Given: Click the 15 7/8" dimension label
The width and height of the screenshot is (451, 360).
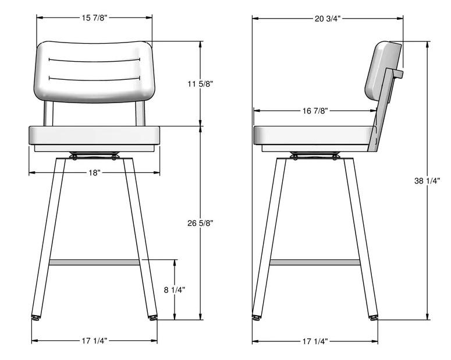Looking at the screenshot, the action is click(x=94, y=18).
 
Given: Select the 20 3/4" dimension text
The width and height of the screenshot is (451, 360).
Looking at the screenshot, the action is click(x=328, y=19).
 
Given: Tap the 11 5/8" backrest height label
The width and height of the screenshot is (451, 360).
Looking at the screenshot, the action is click(x=200, y=84).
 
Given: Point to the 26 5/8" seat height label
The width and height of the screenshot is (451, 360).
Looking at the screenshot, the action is click(x=200, y=223).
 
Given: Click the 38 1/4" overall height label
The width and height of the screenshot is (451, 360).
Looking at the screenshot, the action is click(x=427, y=181).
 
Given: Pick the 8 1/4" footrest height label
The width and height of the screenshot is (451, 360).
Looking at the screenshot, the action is click(x=175, y=290).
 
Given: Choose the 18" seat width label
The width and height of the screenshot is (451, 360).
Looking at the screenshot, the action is click(x=94, y=173).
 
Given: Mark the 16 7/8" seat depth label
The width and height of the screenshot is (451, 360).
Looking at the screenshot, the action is click(x=315, y=111).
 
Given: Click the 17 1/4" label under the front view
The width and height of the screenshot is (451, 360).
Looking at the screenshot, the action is click(x=94, y=341).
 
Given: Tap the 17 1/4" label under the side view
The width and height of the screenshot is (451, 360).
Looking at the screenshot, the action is click(x=315, y=341).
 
